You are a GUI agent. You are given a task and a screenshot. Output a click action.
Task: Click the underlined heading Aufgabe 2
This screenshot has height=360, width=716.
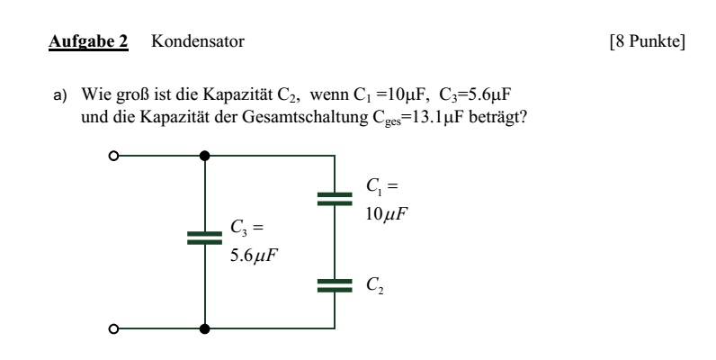pyautogui.click(x=88, y=41)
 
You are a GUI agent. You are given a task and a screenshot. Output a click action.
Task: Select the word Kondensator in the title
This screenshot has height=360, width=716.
pyautogui.click(x=198, y=41)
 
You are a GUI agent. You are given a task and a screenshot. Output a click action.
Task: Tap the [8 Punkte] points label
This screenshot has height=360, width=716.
pyautogui.click(x=648, y=41)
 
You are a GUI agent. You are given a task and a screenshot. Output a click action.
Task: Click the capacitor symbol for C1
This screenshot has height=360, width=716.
pyautogui.click(x=335, y=199)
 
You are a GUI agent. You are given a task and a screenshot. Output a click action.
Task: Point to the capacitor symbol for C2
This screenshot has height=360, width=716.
pyautogui.click(x=335, y=285)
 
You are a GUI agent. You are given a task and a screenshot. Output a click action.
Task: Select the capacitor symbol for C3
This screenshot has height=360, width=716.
pyautogui.click(x=204, y=238)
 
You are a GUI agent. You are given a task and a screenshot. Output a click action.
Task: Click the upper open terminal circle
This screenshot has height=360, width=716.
pyautogui.click(x=113, y=157)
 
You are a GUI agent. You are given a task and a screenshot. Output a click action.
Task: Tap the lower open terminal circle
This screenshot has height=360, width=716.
pyautogui.click(x=113, y=328)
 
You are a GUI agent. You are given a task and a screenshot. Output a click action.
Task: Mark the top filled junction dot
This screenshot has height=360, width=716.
pyautogui.click(x=204, y=157)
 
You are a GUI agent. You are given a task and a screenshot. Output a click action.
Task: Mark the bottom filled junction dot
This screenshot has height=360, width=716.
pyautogui.click(x=204, y=328)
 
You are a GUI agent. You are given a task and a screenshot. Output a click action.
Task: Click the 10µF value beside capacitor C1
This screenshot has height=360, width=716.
pyautogui.click(x=386, y=214)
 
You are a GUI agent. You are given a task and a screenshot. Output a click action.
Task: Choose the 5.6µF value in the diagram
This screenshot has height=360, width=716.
pyautogui.click(x=254, y=256)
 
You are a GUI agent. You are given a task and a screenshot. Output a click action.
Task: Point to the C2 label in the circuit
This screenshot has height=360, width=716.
pyautogui.click(x=375, y=285)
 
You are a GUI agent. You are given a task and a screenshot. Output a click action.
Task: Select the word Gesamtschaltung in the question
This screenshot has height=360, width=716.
pyautogui.click(x=305, y=117)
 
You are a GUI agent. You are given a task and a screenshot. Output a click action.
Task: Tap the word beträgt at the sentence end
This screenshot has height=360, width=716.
pyautogui.click(x=498, y=117)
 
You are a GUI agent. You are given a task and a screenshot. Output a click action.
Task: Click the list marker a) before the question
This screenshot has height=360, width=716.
pyautogui.click(x=60, y=95)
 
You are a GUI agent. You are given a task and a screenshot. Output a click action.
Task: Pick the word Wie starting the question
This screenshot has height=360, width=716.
pyautogui.click(x=94, y=94)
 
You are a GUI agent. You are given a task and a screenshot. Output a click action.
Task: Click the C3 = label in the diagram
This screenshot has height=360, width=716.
pyautogui.click(x=247, y=228)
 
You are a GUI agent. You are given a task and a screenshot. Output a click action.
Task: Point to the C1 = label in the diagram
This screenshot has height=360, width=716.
pyautogui.click(x=381, y=186)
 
